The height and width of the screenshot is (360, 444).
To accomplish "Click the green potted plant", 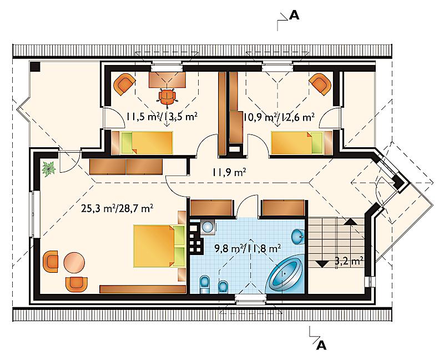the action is pos(49,169).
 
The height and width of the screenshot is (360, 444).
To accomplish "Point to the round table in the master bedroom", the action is pos(74,262).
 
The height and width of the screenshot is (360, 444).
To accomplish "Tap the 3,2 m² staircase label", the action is pos(349,260).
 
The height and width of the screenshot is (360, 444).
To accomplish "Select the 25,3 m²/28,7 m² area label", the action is pos(117,209).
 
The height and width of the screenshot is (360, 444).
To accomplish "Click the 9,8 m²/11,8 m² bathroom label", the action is pos(248,248).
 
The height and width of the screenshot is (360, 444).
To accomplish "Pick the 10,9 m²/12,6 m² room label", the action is pos(279,117).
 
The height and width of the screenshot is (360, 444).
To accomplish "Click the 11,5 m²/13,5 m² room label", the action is pos(162,117).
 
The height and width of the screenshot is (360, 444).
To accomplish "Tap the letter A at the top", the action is pos(294,16).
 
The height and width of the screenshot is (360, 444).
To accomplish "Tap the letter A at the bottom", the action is pos(321,345).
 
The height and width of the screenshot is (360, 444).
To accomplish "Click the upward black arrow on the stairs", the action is pos(351,221).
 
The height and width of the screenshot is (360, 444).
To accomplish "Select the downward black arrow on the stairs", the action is pos(322,264).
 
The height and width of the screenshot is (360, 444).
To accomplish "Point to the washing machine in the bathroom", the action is pos(208,227).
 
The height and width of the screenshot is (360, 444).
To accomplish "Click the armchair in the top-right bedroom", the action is pos(320,84).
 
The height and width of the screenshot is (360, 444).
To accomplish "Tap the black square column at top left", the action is pos(35,66).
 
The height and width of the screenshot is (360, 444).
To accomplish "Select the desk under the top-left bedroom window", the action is pos(168,79).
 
